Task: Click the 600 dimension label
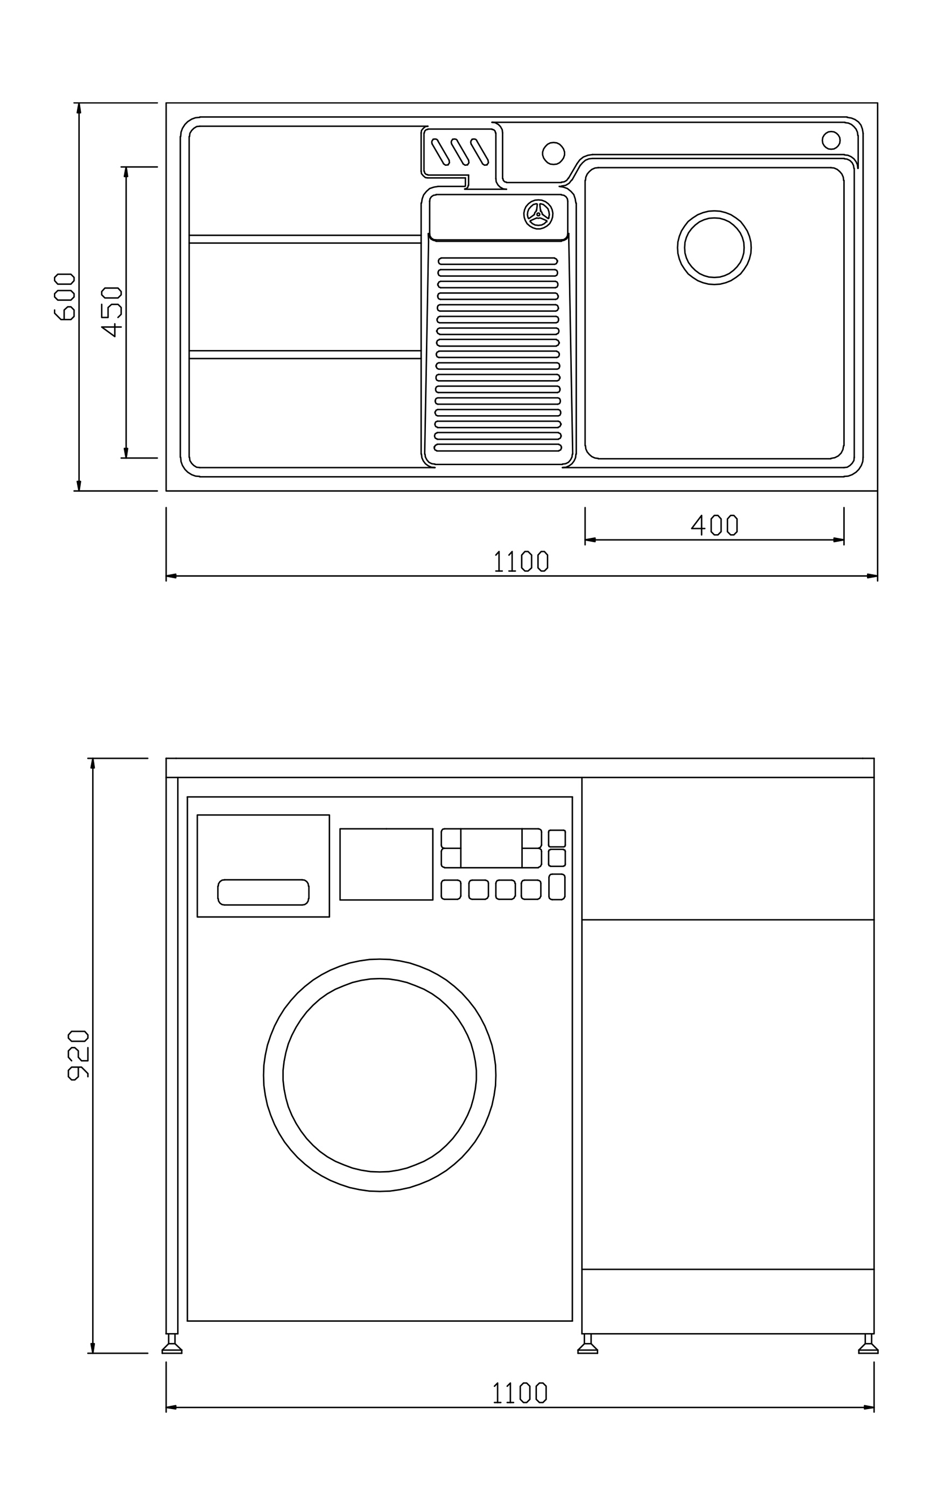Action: pyautogui.click(x=65, y=296)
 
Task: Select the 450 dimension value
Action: pyautogui.click(x=111, y=312)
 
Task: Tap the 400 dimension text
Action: pyautogui.click(x=714, y=525)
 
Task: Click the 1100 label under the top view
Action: pyautogui.click(x=521, y=561)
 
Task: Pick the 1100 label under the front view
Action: pyautogui.click(x=520, y=1392)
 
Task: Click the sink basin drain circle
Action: pyautogui.click(x=714, y=247)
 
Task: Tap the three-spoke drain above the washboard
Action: pyautogui.click(x=538, y=214)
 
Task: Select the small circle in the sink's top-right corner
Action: pyautogui.click(x=831, y=140)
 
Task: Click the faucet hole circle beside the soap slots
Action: pyautogui.click(x=554, y=153)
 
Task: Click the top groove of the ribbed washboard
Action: pyautogui.click(x=498, y=261)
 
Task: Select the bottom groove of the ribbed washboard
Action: pyautogui.click(x=498, y=447)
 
